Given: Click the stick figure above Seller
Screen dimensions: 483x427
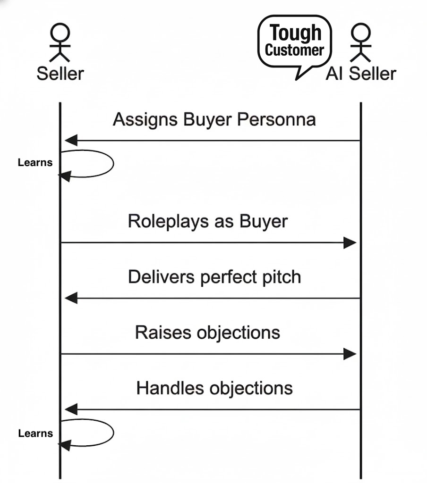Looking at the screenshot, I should point(60,43).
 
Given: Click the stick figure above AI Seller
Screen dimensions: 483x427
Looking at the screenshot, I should point(360,43).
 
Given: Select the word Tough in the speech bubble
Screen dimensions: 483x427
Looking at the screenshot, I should point(296,33).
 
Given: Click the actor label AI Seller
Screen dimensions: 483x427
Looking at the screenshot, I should point(361,74).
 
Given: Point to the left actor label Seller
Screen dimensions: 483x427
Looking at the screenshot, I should point(60,74).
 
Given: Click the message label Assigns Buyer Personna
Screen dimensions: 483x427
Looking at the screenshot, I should point(214,119).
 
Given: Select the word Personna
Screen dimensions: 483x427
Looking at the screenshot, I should point(276,119).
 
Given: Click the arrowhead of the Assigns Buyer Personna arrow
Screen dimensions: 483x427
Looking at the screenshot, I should point(71,140).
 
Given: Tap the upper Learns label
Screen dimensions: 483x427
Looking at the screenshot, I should point(35,163).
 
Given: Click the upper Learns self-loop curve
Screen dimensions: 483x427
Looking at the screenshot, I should point(112,163).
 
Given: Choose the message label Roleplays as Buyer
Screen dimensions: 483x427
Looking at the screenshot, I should point(207,221).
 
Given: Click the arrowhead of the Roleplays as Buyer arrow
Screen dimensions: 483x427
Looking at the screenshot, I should point(350,243).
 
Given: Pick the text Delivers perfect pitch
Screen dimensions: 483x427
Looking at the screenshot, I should point(214,276).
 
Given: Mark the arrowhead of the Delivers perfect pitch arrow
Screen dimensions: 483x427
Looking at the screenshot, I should point(71,298).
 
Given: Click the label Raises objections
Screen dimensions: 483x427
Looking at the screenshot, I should point(207,333).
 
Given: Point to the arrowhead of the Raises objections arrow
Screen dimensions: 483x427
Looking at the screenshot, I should point(350,354).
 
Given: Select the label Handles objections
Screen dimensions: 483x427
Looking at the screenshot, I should point(214,388).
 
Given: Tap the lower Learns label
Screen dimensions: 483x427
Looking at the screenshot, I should point(35,433).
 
